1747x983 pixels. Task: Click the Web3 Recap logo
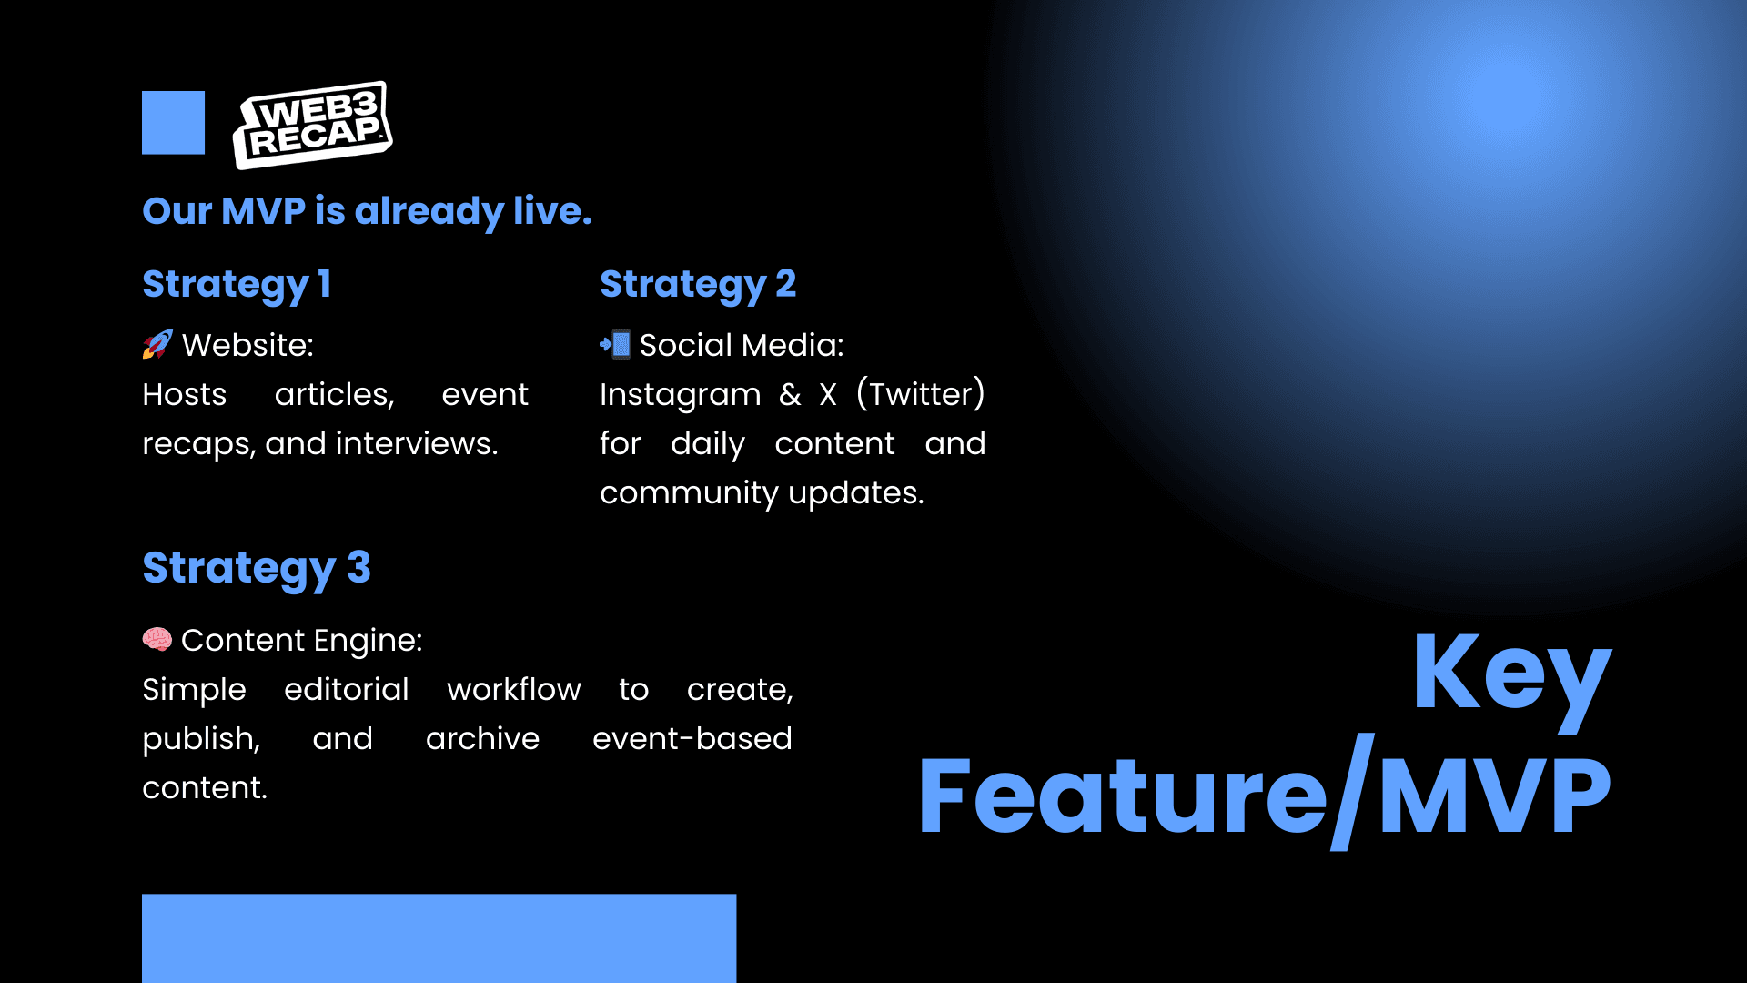313,126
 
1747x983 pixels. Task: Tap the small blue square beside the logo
173,123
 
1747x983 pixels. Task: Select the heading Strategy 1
237,284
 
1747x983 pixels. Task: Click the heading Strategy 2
698,284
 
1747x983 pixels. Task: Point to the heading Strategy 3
257,568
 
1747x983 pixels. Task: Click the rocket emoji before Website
157,345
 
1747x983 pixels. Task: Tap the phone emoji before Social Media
615,345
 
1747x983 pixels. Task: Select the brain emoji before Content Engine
157,640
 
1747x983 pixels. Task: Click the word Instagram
680,395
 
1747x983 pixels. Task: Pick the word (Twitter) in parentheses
921,394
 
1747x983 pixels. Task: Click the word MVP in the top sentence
263,211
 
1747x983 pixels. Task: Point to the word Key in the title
1511,674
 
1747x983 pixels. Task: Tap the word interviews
416,444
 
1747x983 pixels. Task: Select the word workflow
513,690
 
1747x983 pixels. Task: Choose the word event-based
692,739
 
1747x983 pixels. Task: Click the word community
689,493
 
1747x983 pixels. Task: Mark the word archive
482,739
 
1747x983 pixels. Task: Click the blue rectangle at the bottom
439,937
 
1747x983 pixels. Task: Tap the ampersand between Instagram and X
790,395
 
